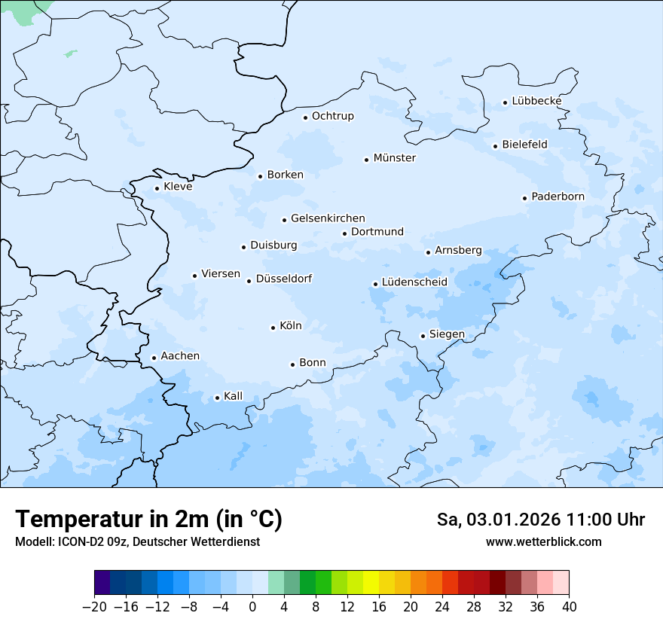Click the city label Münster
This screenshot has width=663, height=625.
(395, 158)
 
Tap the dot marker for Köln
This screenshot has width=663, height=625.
(273, 328)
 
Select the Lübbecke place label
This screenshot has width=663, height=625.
(536, 101)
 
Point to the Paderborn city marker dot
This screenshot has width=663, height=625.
(524, 198)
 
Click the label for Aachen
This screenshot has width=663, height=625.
(180, 356)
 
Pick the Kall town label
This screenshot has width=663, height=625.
(234, 396)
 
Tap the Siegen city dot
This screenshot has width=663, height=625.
(423, 336)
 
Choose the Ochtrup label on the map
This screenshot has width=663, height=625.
(333, 116)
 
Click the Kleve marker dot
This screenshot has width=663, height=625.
(157, 188)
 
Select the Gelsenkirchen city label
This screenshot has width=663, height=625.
(328, 218)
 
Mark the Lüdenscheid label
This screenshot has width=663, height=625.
(414, 282)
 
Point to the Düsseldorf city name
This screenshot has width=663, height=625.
(284, 279)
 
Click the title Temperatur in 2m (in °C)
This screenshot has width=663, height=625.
(148, 520)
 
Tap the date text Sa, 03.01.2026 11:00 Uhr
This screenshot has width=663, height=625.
(541, 520)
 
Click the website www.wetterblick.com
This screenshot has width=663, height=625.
(543, 542)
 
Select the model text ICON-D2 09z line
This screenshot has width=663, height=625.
(137, 542)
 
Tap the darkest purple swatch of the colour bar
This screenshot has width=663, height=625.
(102, 583)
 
